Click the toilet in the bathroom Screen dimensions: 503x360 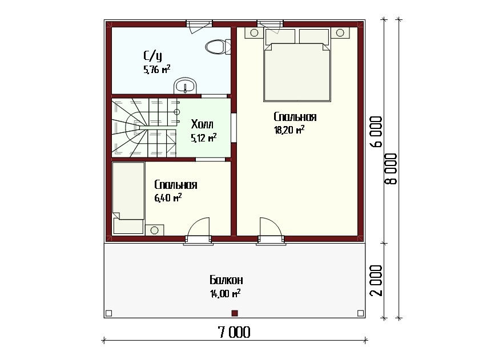(x=218, y=46)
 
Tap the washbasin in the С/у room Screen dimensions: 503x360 (x=185, y=86)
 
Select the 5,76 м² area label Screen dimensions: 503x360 (x=156, y=69)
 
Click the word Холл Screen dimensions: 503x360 (x=202, y=124)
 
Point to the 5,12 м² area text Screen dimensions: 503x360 (x=203, y=138)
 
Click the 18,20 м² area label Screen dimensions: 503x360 (x=289, y=130)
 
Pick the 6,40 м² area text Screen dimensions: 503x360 (x=168, y=197)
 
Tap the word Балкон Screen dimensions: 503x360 (x=226, y=280)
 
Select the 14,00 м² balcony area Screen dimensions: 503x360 (x=225, y=293)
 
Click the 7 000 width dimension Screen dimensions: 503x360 (x=234, y=332)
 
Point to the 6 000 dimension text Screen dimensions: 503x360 (x=377, y=131)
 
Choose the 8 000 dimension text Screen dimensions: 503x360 (x=391, y=169)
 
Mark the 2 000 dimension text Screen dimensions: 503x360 (x=377, y=281)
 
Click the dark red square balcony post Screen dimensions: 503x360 (x=235, y=313)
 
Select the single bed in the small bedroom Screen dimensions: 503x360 (x=128, y=198)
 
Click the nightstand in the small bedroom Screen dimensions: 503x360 (x=154, y=230)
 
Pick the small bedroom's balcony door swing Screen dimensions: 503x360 (x=198, y=227)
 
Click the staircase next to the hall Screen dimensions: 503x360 (x=144, y=128)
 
